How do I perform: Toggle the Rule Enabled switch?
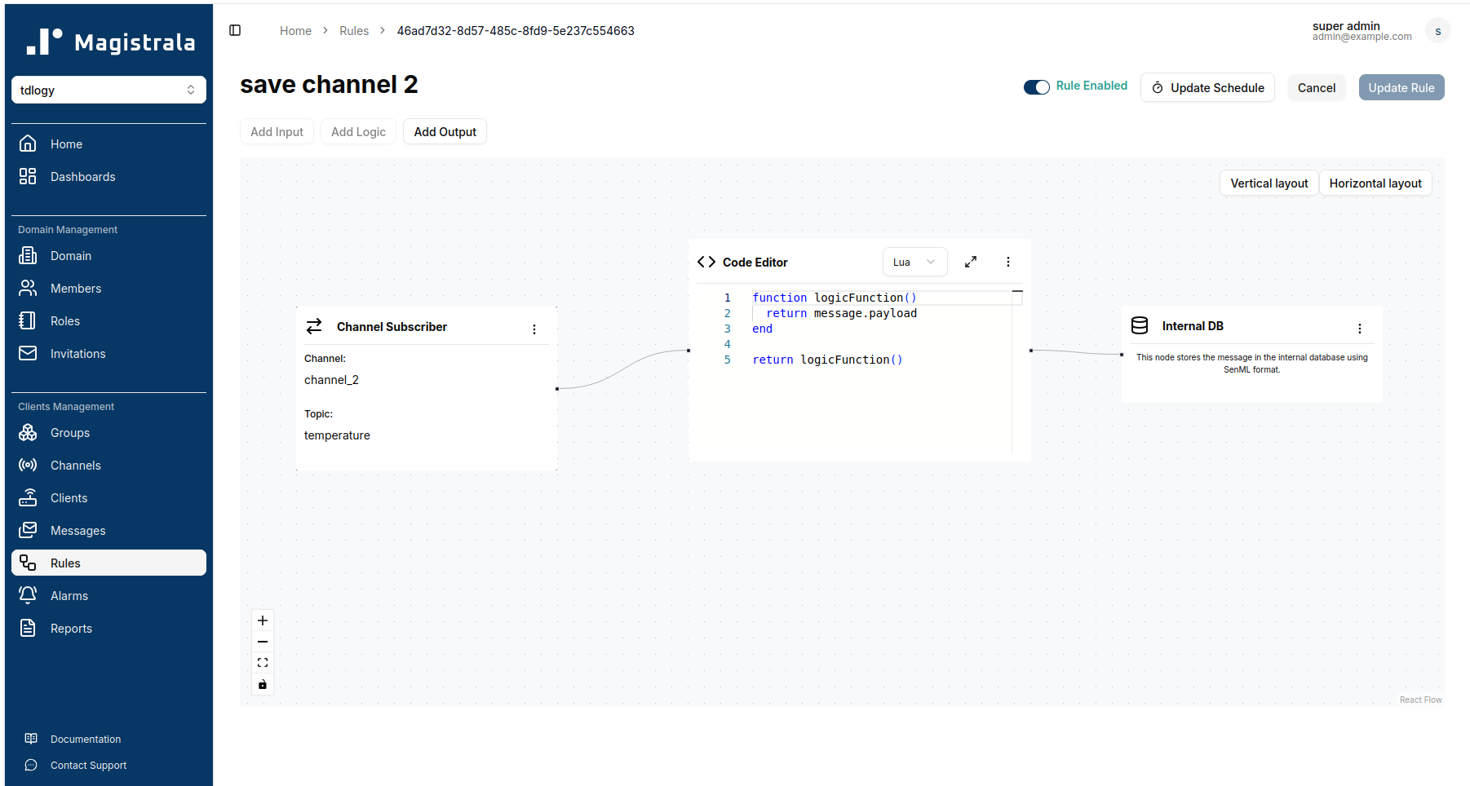[x=1036, y=87]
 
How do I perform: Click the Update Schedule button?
[x=1207, y=88]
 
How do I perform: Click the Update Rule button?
[x=1401, y=88]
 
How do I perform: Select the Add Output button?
[x=445, y=132]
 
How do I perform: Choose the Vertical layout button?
[x=1269, y=183]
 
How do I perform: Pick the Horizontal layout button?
[x=1375, y=183]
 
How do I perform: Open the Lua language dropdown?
[x=914, y=263]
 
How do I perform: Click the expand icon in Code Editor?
[x=971, y=262]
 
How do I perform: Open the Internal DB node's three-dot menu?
[x=1360, y=329]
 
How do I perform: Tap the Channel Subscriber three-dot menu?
[x=534, y=329]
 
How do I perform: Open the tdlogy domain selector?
[x=108, y=90]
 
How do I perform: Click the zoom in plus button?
[x=263, y=620]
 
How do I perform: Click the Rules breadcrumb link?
[x=354, y=31]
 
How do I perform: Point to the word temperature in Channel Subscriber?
[x=337, y=435]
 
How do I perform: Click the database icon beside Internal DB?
[x=1140, y=326]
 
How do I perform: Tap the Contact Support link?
[x=88, y=766]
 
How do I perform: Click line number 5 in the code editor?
[x=728, y=360]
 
